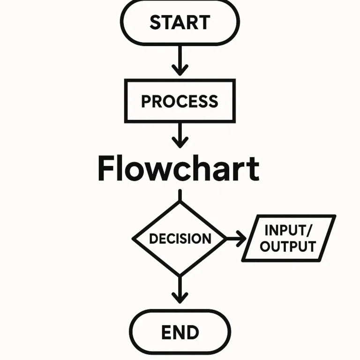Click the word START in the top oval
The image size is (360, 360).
coord(180,22)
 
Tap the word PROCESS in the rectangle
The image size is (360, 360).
coord(180,101)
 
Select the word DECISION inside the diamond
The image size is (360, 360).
coord(180,239)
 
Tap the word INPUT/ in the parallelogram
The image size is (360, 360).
coord(287,231)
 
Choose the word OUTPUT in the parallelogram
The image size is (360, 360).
coord(287,247)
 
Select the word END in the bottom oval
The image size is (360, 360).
coord(180,332)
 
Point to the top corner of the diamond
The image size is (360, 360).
coord(180,202)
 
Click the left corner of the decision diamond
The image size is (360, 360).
coord(134,239)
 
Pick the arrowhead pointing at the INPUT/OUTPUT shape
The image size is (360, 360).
coord(242,239)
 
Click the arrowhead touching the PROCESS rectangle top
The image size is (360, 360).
coord(180,70)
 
